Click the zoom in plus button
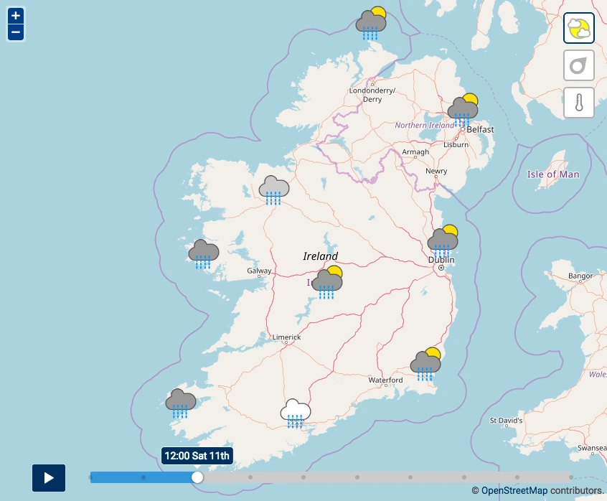tap(16, 15)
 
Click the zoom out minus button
tap(16, 32)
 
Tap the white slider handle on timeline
tap(197, 477)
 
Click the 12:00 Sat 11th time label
tap(197, 456)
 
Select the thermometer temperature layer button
tap(578, 102)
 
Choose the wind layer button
tap(578, 65)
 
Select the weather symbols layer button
tap(578, 29)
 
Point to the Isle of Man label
tap(552, 174)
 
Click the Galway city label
tap(259, 271)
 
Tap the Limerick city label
tap(287, 337)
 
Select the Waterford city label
tap(385, 380)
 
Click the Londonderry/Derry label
tap(372, 95)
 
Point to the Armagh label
tap(415, 152)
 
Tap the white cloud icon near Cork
tap(296, 413)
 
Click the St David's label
tap(506, 420)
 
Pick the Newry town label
tap(436, 171)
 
